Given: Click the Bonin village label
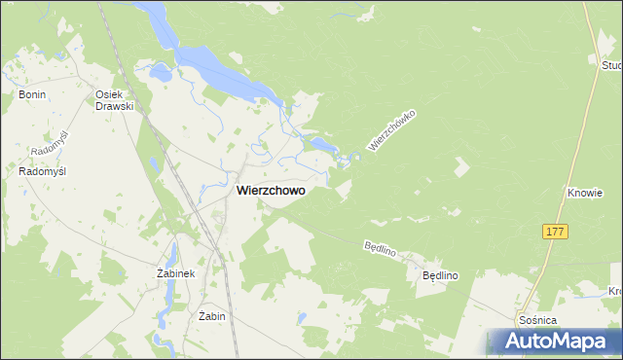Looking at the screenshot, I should click(x=32, y=94).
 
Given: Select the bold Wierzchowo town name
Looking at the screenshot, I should click(x=270, y=192).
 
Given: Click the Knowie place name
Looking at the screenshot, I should click(x=585, y=194).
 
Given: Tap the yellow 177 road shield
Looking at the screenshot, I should click(x=555, y=232).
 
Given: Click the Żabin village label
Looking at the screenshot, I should click(x=211, y=316).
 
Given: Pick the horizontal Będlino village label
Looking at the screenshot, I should click(x=440, y=276).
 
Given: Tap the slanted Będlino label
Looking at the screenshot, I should click(x=380, y=250).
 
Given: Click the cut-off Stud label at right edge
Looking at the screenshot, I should click(x=611, y=65).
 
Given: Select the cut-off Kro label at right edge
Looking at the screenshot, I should click(x=614, y=291).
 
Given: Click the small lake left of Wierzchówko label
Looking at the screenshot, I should click(x=321, y=146).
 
